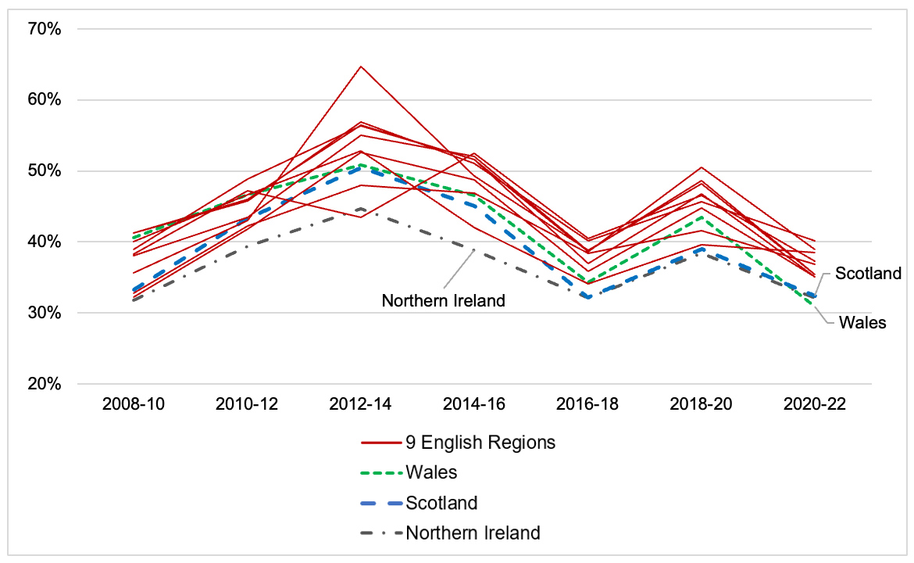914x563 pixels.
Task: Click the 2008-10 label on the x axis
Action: [x=134, y=405]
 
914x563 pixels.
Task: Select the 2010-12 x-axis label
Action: [x=247, y=405]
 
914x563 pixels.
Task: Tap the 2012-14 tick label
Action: [x=360, y=405]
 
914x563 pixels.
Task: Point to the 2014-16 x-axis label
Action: [x=474, y=405]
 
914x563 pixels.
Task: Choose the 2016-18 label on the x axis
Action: [x=587, y=405]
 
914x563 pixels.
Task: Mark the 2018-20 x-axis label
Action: [x=701, y=405]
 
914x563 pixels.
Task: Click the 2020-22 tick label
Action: [x=814, y=405]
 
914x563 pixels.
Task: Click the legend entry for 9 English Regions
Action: [x=480, y=443]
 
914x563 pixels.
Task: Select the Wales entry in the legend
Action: [x=431, y=472]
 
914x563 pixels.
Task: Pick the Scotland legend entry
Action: [x=441, y=503]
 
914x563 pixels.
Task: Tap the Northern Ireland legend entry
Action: [x=473, y=533]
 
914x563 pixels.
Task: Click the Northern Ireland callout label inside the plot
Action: [x=443, y=300]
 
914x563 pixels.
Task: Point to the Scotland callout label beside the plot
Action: [x=868, y=274]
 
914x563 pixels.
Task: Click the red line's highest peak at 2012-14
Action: [x=360, y=66]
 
